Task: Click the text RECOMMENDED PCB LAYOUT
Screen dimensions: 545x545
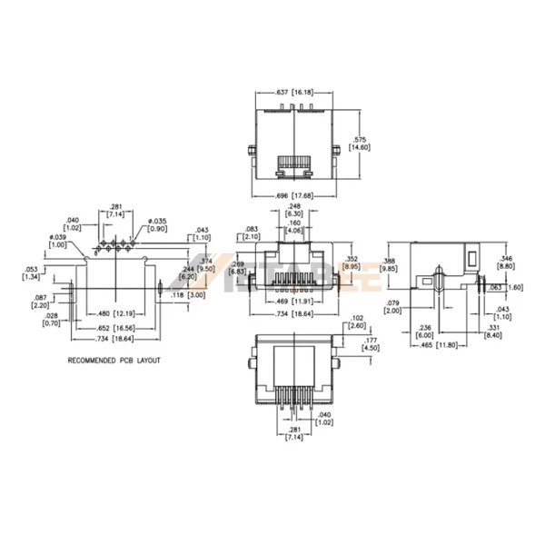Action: coord(114,361)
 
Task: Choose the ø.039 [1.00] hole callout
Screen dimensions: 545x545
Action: coord(58,242)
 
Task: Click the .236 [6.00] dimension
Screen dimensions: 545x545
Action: coord(423,330)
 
